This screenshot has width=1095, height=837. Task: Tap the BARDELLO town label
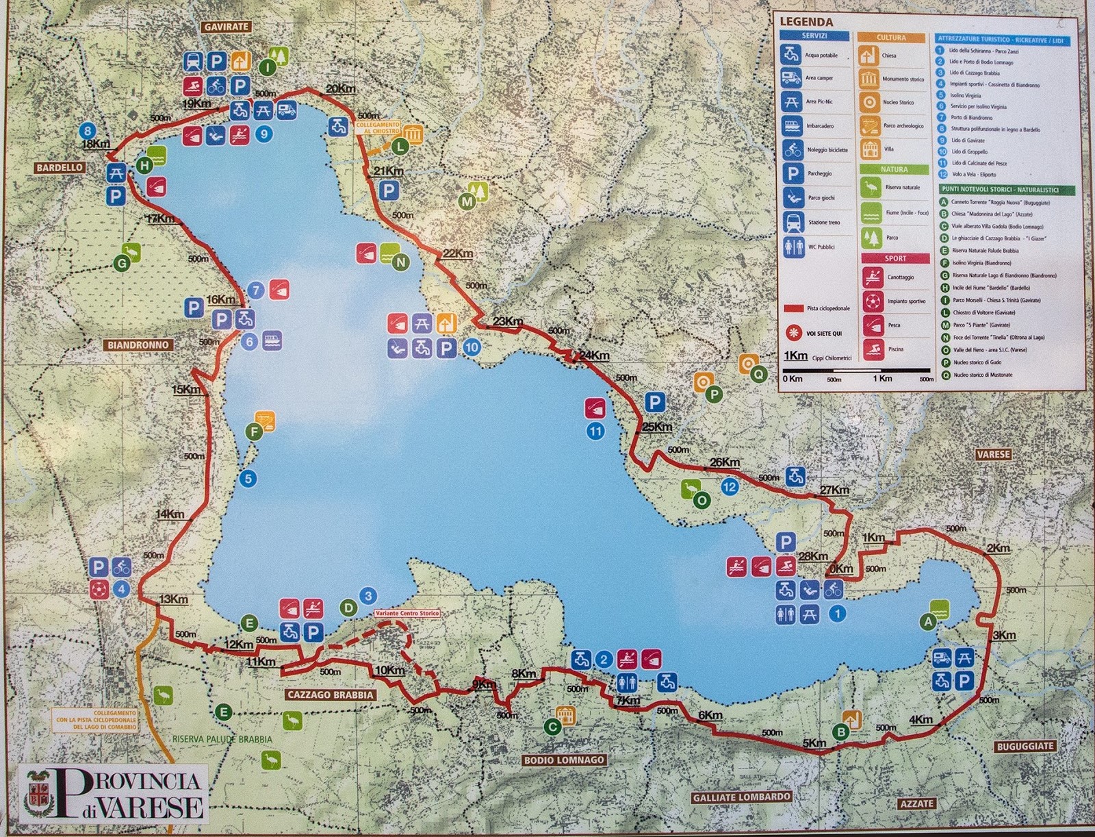click(60, 167)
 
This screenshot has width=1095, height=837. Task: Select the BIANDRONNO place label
click(138, 345)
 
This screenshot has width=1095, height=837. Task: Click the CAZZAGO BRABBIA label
click(331, 695)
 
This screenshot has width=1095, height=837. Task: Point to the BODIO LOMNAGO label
click(564, 760)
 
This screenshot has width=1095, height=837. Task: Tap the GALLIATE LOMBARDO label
click(741, 797)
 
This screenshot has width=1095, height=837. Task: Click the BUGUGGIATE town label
click(1025, 746)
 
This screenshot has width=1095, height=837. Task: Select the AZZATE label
click(916, 803)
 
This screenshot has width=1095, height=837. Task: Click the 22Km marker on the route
click(458, 253)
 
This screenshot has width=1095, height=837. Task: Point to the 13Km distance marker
click(174, 599)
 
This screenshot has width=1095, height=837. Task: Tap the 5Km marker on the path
click(814, 743)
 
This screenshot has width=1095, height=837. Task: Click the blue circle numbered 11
click(595, 432)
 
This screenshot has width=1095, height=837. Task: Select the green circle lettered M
click(467, 202)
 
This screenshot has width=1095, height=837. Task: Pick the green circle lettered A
click(928, 622)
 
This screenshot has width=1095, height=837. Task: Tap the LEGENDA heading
click(806, 22)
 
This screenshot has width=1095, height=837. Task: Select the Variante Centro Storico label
click(407, 614)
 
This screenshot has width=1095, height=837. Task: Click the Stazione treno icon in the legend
click(793, 222)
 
